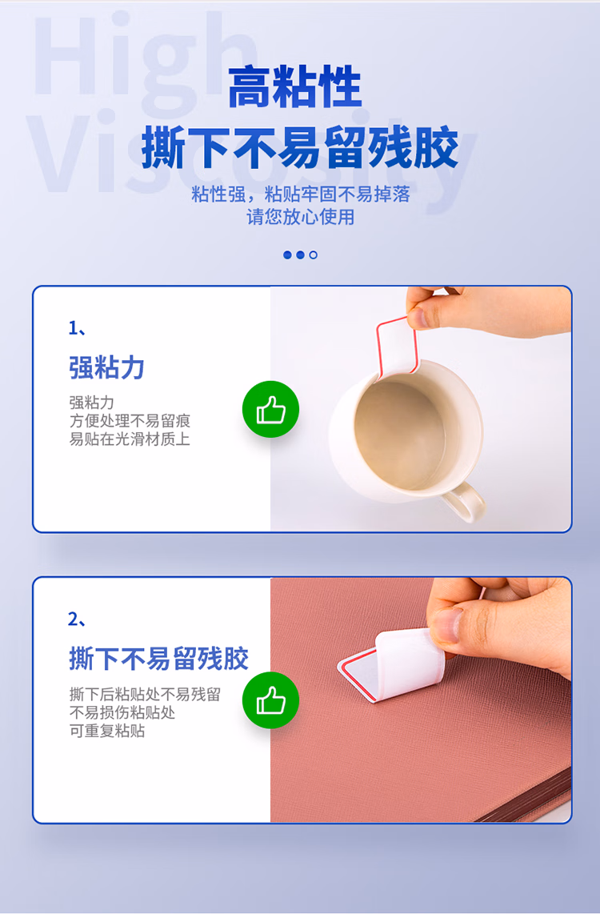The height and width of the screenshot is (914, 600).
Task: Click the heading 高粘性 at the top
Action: pyautogui.click(x=294, y=87)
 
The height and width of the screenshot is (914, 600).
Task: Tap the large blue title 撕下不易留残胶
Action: pyautogui.click(x=300, y=148)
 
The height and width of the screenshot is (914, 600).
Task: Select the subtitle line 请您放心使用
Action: pyautogui.click(x=300, y=217)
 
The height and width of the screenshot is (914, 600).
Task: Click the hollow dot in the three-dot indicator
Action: pyautogui.click(x=314, y=255)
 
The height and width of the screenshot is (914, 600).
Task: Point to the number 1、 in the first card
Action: pyautogui.click(x=77, y=328)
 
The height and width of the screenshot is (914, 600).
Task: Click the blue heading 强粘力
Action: pyautogui.click(x=106, y=368)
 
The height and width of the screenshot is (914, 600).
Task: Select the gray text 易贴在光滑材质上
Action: pyautogui.click(x=130, y=439)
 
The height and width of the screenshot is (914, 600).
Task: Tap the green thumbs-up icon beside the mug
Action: pyautogui.click(x=270, y=410)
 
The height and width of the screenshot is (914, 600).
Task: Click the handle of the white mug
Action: pyautogui.click(x=464, y=500)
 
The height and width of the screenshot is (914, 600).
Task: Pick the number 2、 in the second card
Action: pyautogui.click(x=77, y=619)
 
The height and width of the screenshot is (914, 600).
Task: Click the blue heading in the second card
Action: pyautogui.click(x=158, y=659)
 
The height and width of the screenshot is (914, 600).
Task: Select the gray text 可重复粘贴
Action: pyautogui.click(x=107, y=731)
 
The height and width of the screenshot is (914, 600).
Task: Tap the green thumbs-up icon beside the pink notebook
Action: pyautogui.click(x=270, y=700)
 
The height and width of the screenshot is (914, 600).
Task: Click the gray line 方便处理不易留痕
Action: pyautogui.click(x=130, y=421)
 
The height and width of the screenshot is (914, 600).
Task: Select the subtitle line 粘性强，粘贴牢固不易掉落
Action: pyautogui.click(x=300, y=194)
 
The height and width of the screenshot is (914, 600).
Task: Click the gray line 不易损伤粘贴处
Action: pyautogui.click(x=122, y=712)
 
